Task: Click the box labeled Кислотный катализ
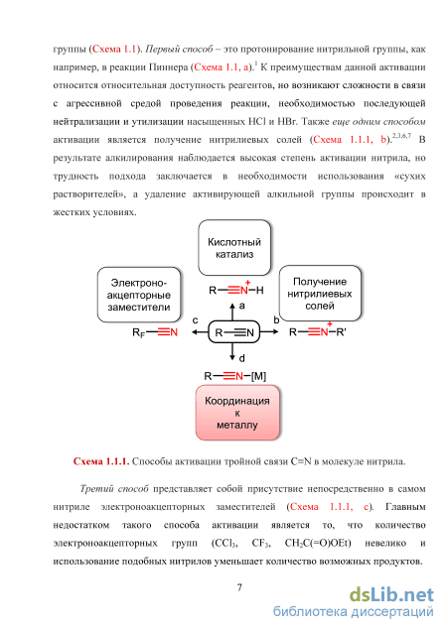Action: point(234,247)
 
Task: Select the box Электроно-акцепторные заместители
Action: point(139,295)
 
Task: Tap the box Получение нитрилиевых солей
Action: point(320,293)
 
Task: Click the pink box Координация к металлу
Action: point(237,413)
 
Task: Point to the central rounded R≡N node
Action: point(234,332)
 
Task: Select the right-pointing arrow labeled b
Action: point(269,331)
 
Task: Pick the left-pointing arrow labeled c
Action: point(200,332)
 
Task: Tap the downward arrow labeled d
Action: point(232,352)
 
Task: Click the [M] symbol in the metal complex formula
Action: point(258,376)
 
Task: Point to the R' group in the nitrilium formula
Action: point(341,332)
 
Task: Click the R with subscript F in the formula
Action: point(138,333)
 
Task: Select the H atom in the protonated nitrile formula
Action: point(260,290)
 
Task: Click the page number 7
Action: point(239,587)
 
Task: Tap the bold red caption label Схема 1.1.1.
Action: point(101,461)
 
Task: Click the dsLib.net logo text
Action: point(391,595)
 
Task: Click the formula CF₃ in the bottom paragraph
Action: point(260,544)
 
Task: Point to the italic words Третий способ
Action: point(114,489)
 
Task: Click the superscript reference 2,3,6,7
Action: point(401,136)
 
